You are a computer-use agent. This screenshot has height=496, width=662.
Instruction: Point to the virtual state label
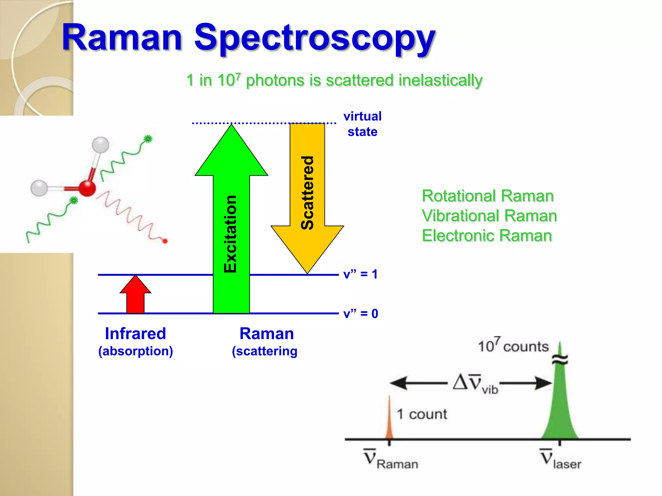[362, 124]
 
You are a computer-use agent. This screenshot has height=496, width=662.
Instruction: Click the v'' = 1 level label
[360, 274]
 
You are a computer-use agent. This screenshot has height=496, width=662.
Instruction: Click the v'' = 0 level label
[360, 314]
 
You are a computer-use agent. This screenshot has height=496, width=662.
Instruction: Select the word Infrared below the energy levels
[135, 334]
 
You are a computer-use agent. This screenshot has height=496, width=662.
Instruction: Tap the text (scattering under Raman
[264, 351]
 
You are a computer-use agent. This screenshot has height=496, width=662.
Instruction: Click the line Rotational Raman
[487, 196]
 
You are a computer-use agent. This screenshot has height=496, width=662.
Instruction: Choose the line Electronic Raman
[486, 236]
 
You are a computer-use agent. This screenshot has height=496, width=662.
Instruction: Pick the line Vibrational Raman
[489, 216]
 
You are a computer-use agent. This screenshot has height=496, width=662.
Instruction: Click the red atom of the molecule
[87, 188]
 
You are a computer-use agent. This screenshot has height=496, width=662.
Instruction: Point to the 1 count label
[422, 414]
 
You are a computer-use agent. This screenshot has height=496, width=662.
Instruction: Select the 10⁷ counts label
[513, 346]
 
